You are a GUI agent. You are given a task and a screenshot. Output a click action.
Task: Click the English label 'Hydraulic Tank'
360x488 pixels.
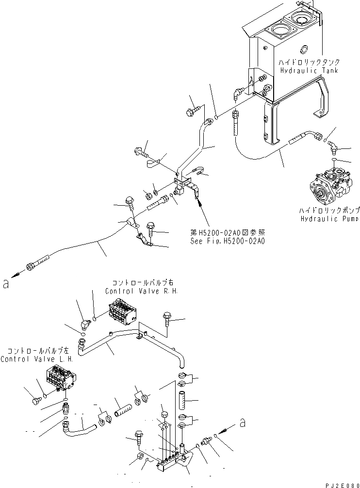(x=309, y=71)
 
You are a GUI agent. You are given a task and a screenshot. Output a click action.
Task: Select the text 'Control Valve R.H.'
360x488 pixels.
(x=142, y=291)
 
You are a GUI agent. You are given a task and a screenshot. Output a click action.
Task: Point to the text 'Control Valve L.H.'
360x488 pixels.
(x=36, y=359)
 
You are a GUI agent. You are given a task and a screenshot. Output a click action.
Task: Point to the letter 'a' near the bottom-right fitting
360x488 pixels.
(x=242, y=423)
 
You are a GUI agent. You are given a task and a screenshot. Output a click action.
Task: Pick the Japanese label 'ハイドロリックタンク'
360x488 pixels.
(x=309, y=63)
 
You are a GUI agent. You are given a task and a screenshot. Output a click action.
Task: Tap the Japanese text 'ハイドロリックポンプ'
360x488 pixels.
(x=329, y=211)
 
